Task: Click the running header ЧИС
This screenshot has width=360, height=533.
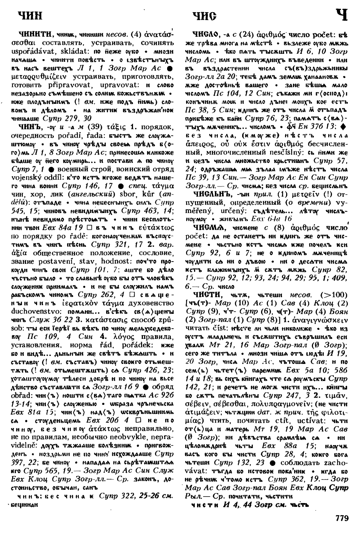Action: point(204,16)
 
